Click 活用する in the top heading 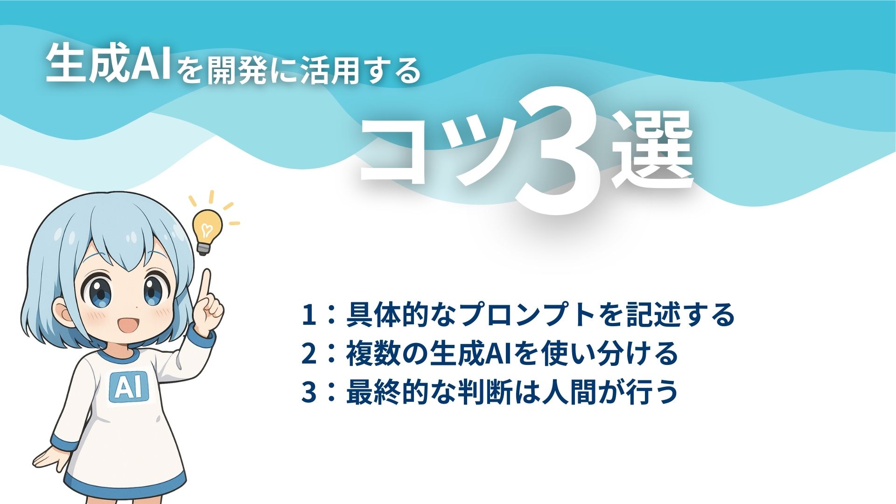click(359, 70)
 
